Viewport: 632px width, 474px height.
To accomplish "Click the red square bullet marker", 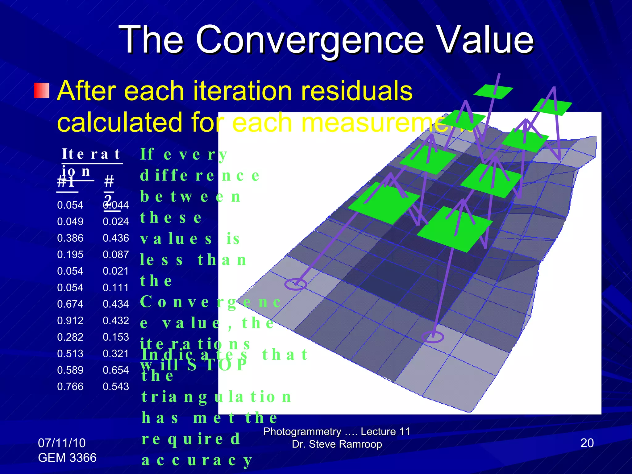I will [x=41, y=90].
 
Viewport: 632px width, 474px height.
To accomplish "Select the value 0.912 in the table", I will [x=70, y=321].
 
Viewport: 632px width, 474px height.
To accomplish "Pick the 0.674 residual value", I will [x=70, y=304].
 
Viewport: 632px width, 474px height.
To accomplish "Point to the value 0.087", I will [x=116, y=255].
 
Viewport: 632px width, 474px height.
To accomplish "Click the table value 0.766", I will [x=70, y=386].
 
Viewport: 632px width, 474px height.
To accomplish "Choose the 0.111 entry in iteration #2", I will [x=116, y=288].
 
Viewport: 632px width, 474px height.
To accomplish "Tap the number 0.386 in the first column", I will [x=70, y=238].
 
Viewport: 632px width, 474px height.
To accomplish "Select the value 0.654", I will [x=116, y=370].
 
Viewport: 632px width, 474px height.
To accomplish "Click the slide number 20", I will [x=587, y=443].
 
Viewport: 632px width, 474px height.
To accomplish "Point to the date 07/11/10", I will [x=62, y=443].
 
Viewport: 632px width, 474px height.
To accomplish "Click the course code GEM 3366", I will [x=67, y=458].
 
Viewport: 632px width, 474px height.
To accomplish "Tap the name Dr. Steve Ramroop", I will [x=337, y=444].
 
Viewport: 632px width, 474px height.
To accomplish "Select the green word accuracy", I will [x=197, y=460].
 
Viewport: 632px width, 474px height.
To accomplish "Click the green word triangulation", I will [x=216, y=397].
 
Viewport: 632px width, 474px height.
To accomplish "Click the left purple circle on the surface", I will [x=295, y=284].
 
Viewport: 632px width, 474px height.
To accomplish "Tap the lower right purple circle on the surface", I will [x=433, y=337].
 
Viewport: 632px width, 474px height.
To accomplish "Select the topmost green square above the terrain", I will [x=493, y=92].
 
